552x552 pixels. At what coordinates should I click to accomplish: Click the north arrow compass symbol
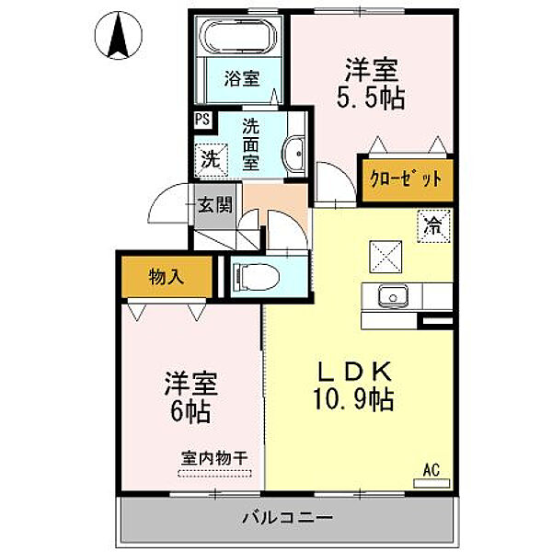(119, 35)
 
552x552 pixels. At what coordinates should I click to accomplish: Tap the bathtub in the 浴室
(238, 35)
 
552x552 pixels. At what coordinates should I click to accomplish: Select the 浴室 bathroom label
(242, 78)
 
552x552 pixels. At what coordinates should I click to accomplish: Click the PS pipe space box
(202, 120)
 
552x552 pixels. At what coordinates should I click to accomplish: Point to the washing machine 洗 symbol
(211, 160)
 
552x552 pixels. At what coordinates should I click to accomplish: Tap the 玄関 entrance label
(214, 204)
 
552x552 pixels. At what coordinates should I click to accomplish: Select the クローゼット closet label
(405, 179)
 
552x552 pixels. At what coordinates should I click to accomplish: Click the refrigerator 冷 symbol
(433, 226)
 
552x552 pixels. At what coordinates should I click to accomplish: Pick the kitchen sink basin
(393, 295)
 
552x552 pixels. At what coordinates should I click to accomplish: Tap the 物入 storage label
(167, 277)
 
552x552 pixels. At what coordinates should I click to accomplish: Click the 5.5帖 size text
(371, 98)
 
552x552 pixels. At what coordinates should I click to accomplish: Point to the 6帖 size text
(190, 411)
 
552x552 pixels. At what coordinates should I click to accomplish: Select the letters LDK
(355, 372)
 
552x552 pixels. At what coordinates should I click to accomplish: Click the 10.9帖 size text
(353, 399)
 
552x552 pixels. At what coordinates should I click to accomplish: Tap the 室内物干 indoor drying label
(214, 458)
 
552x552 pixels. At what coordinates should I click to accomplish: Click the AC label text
(431, 470)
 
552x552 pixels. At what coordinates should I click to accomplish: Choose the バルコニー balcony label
(288, 517)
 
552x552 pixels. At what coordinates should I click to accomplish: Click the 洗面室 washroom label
(250, 144)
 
